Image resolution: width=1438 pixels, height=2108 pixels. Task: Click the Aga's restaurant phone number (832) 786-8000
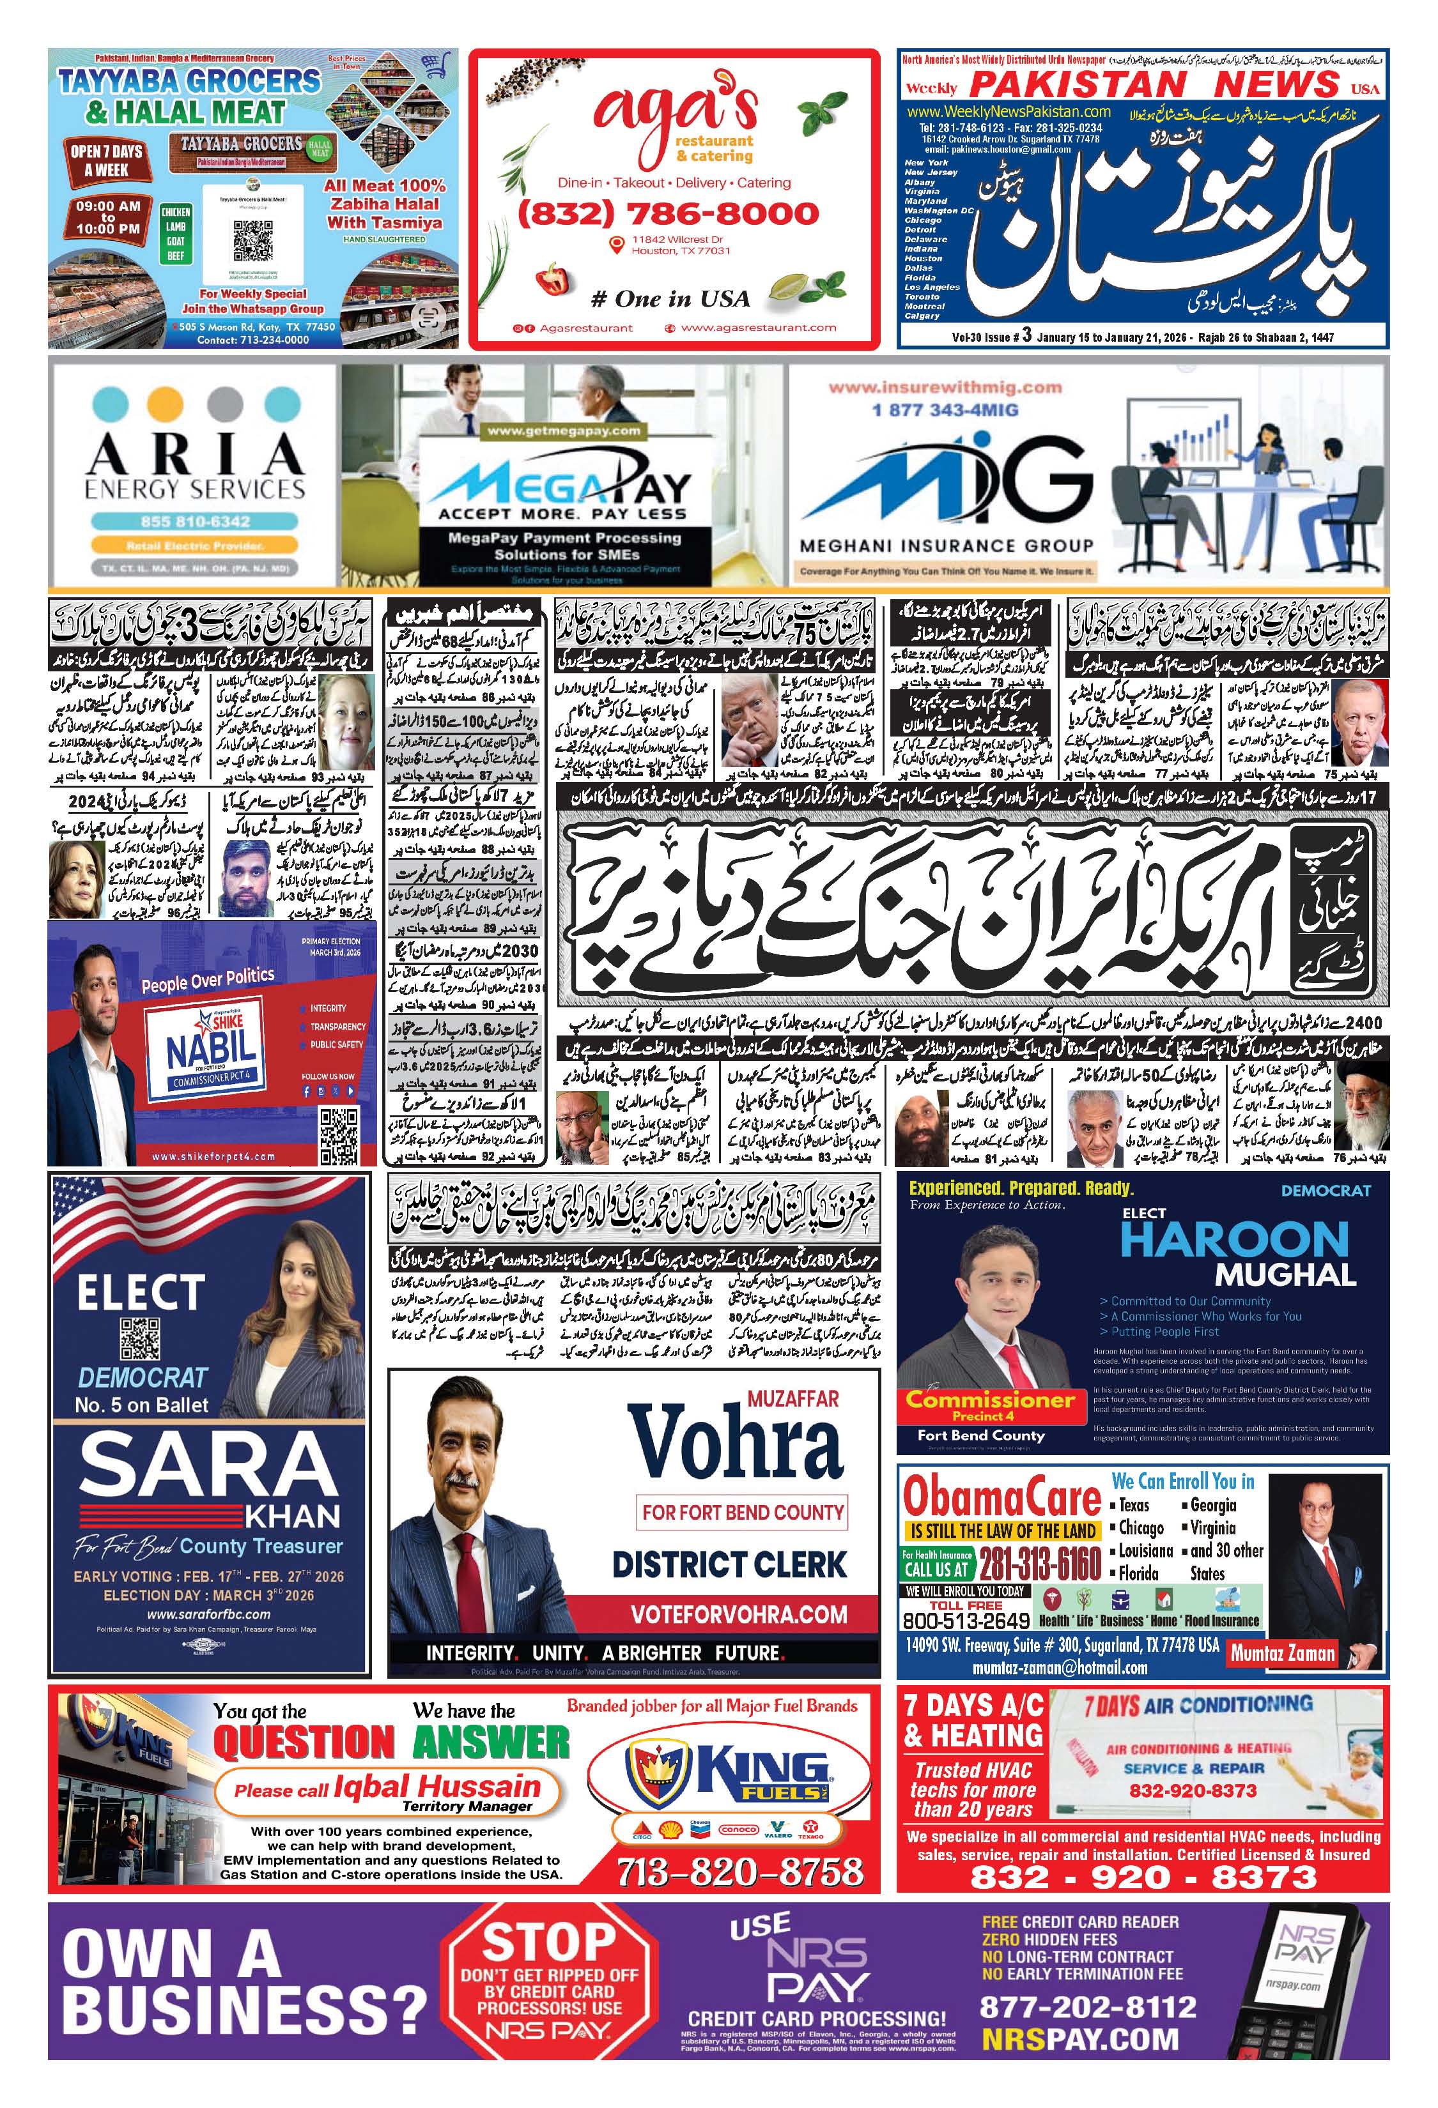click(x=668, y=214)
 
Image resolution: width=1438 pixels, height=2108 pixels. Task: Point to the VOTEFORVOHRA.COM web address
click(x=739, y=1614)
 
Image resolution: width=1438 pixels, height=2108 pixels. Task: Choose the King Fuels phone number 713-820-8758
click(x=739, y=1871)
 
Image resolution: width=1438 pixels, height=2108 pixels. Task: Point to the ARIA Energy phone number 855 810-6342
click(x=195, y=521)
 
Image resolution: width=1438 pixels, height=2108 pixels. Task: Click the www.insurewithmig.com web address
click(x=945, y=387)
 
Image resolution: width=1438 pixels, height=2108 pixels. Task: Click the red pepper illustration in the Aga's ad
click(x=553, y=278)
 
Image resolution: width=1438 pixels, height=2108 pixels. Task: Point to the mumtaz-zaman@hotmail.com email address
click(x=1060, y=1667)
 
